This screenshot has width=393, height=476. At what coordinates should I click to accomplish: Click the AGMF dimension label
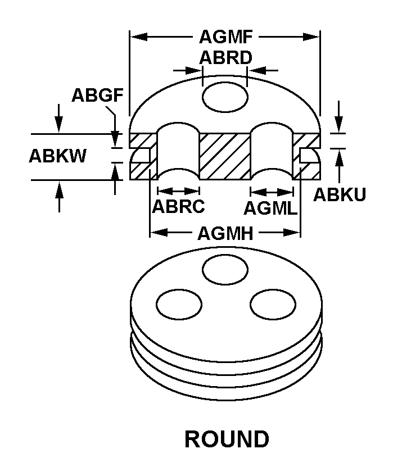225,37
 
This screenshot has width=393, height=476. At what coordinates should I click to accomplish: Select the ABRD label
225,58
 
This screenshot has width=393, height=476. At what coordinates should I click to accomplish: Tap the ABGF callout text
97,95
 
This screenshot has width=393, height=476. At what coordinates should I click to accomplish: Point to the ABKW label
57,156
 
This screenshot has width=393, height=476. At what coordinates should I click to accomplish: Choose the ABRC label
178,206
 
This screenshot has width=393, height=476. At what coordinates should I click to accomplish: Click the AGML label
270,208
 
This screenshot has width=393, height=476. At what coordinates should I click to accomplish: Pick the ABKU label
340,194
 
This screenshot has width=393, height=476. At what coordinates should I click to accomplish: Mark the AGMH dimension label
224,233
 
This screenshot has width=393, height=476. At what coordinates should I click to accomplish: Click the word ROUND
227,439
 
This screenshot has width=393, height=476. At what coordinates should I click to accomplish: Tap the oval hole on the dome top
225,97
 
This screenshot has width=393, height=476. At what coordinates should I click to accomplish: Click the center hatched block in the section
225,157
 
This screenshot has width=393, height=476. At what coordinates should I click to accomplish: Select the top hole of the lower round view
225,268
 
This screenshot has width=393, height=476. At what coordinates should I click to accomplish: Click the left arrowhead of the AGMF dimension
135,37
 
